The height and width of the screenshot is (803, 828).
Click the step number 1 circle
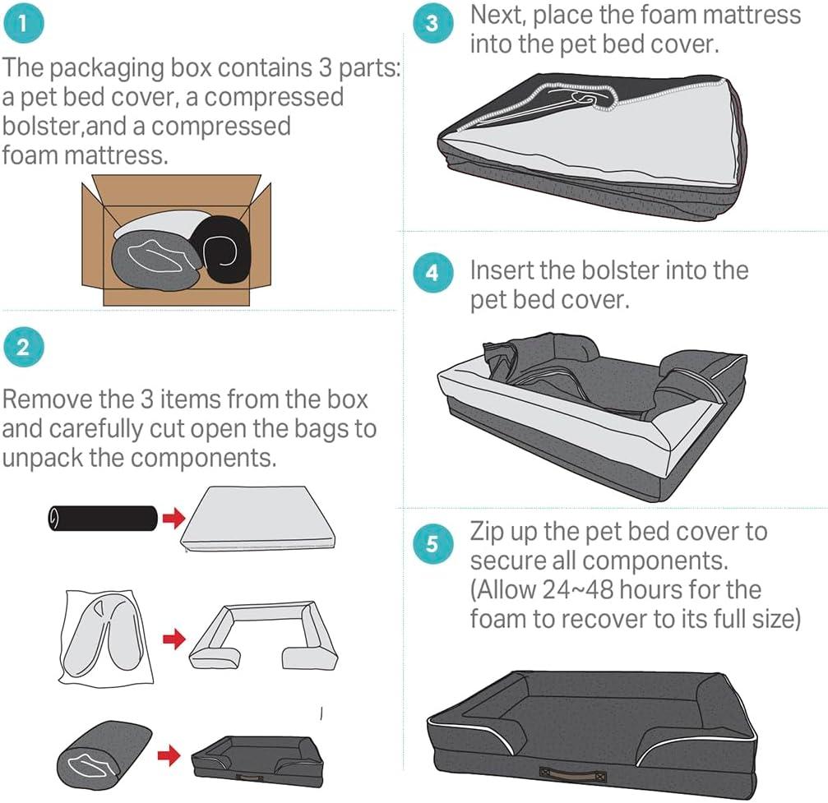click(22, 23)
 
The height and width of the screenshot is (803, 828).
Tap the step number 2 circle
click(22, 348)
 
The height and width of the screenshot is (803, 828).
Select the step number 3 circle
click(433, 24)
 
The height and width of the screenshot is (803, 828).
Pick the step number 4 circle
click(433, 273)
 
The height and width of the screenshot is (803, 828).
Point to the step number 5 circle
click(433, 543)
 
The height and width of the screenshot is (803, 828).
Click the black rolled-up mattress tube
click(102, 519)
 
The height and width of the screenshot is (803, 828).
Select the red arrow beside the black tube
click(172, 519)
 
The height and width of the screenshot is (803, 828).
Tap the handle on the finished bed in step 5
click(572, 773)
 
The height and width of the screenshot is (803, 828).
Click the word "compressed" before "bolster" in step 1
click(274, 97)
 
